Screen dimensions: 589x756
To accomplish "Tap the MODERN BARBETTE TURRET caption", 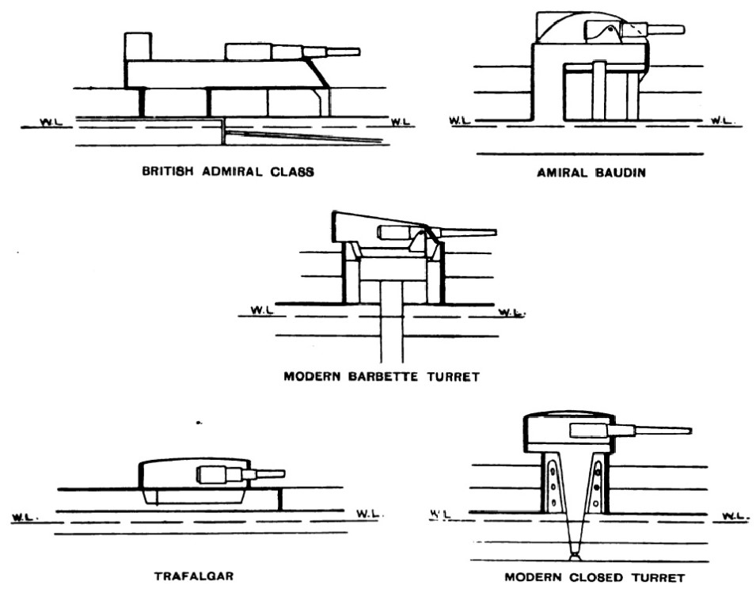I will click(x=381, y=377).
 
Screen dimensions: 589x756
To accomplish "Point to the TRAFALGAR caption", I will click(x=194, y=576).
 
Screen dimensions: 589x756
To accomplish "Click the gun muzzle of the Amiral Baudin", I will click(x=682, y=29).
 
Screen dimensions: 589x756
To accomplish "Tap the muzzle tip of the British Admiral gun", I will click(x=358, y=52).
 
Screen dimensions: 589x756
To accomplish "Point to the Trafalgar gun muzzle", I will click(x=283, y=473).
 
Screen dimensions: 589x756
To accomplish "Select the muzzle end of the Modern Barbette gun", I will click(x=494, y=233).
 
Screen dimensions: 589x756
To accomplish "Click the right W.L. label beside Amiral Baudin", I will click(x=722, y=121).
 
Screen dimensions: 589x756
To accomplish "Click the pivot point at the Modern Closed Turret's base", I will click(x=574, y=556).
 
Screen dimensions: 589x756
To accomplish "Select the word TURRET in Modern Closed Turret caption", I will click(x=663, y=577).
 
